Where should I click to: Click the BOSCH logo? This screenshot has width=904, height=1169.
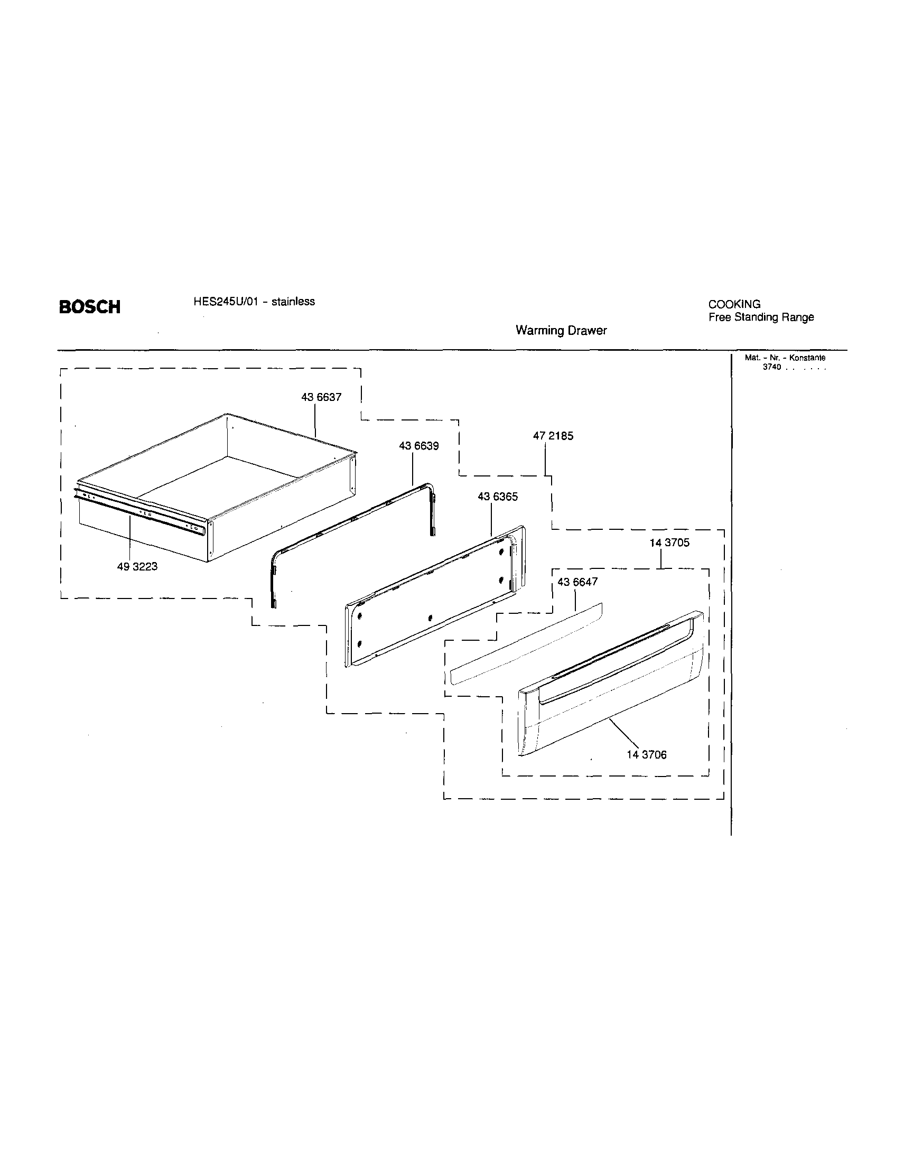[x=89, y=307]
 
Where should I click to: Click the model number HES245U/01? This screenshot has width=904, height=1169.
[x=225, y=301]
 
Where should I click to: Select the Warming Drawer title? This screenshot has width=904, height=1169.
[x=561, y=330]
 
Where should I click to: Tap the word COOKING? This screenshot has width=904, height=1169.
[x=734, y=304]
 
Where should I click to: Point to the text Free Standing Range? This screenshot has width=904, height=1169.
[x=761, y=317]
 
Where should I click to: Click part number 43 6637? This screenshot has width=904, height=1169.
[x=321, y=397]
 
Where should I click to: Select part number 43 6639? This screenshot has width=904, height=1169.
[x=418, y=446]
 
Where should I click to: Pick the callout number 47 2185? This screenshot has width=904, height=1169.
[x=553, y=436]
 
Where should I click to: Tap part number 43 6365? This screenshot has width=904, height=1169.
[x=497, y=497]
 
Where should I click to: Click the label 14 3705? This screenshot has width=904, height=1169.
[x=669, y=543]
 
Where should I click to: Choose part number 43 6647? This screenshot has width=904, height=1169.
[x=577, y=582]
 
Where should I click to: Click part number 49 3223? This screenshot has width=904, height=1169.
[x=137, y=566]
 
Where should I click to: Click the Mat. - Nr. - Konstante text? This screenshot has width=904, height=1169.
[x=785, y=358]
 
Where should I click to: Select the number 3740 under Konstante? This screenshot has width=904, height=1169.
[x=772, y=367]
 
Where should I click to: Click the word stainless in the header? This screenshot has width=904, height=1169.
[x=293, y=301]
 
